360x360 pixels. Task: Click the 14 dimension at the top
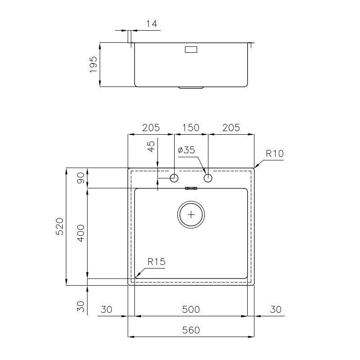152,23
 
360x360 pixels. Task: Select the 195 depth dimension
93,64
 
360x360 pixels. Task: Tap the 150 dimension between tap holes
191,128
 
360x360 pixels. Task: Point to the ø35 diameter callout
186,150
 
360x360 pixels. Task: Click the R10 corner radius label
275,153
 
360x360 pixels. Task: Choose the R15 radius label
157,261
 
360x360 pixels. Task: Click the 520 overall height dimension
59,226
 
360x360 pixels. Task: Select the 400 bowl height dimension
81,233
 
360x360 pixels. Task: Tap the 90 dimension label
81,178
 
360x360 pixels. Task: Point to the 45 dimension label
151,146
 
